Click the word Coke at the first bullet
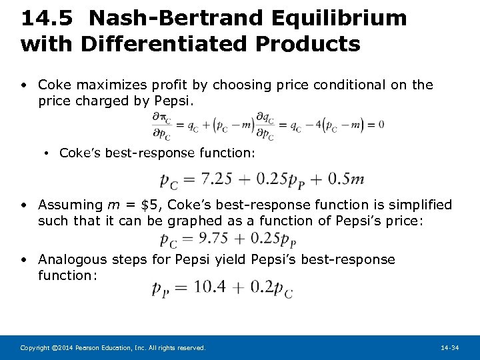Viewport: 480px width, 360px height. pos(54,85)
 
